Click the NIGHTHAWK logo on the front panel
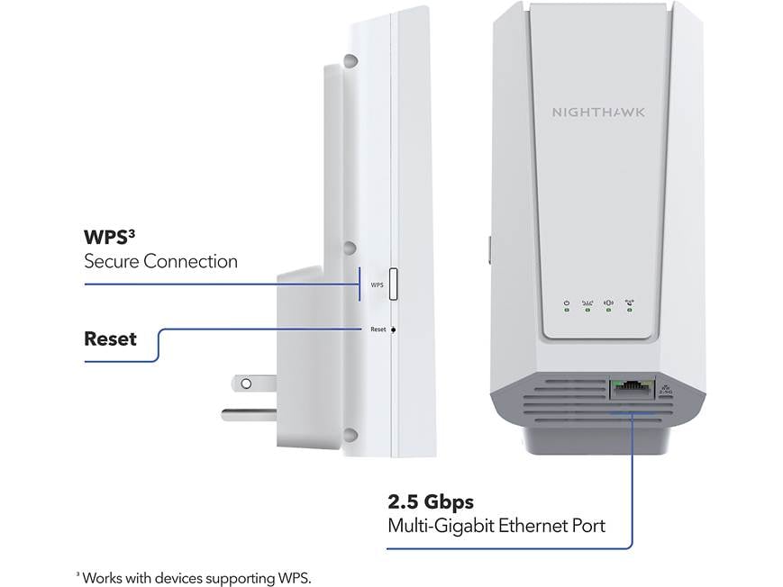(597, 113)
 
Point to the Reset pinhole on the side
(394, 330)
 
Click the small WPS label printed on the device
(378, 284)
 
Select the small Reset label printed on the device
(378, 330)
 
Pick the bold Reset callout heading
(110, 339)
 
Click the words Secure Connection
(160, 262)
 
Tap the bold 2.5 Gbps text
(431, 501)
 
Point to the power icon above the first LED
(566, 303)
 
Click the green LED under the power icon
(566, 312)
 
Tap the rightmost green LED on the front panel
(630, 312)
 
